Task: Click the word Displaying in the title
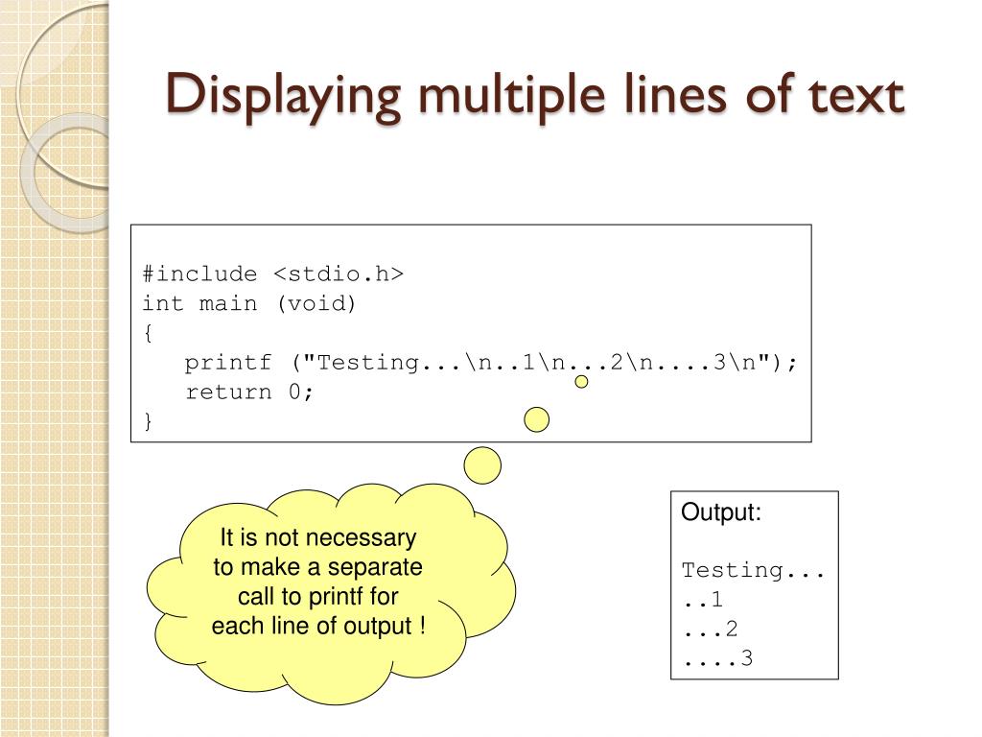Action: click(265, 96)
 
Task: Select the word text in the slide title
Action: click(853, 96)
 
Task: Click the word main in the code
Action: click(228, 304)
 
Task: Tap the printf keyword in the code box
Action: click(228, 363)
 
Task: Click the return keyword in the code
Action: click(228, 392)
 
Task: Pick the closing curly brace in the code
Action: click(148, 421)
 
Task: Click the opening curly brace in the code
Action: click(148, 334)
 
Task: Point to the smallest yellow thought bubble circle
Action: click(581, 382)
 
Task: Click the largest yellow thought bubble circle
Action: click(482, 466)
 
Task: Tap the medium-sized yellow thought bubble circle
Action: click(537, 419)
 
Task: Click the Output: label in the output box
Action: click(721, 512)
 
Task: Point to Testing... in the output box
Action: click(753, 571)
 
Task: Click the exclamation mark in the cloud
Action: click(421, 627)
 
